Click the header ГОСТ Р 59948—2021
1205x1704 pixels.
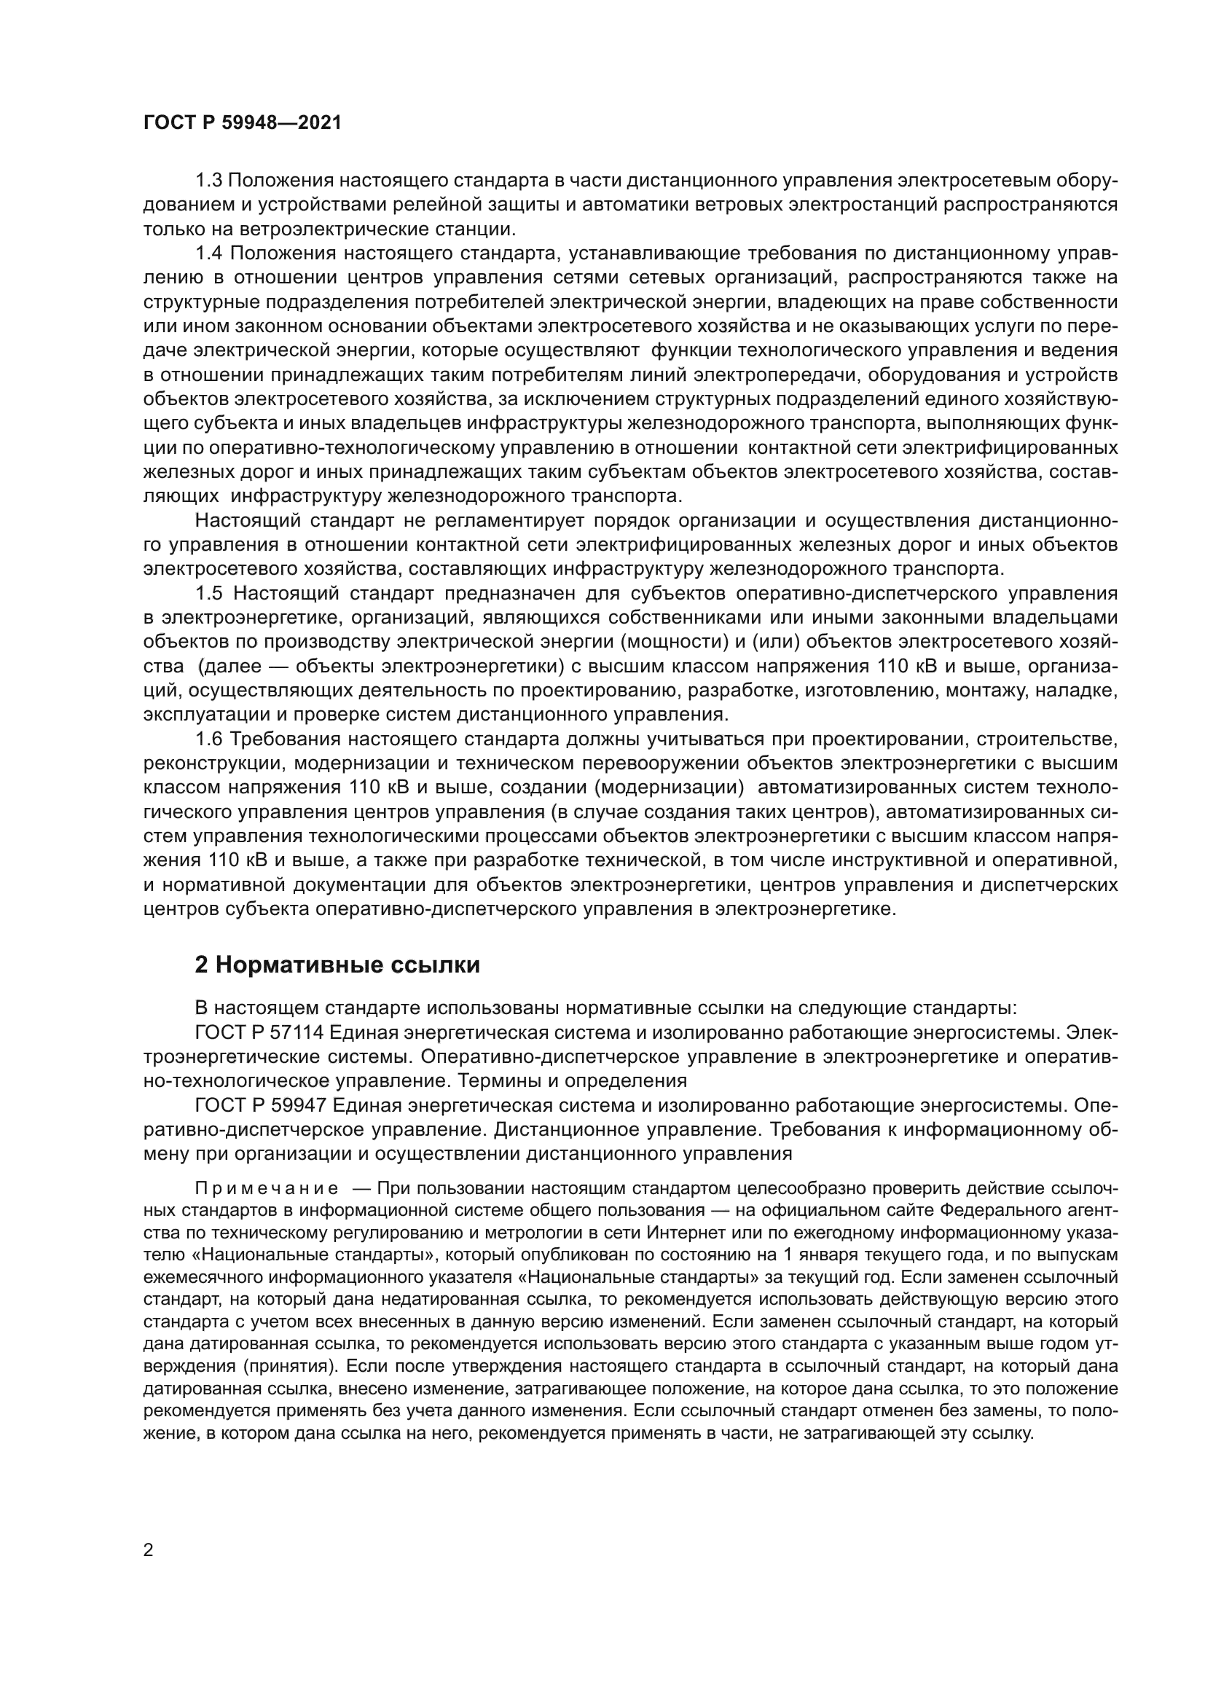pos(242,123)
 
